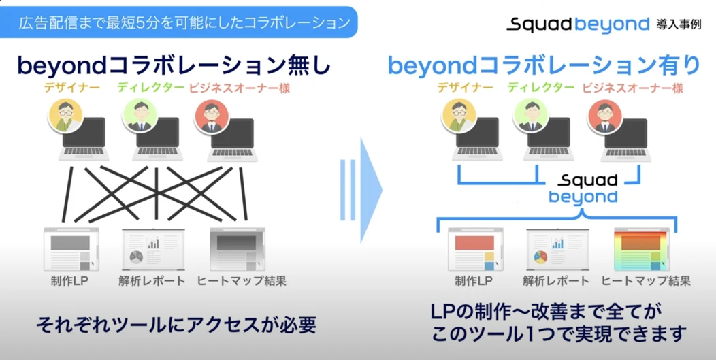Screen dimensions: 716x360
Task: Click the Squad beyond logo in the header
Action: click(578, 24)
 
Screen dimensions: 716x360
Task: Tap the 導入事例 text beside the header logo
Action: click(679, 24)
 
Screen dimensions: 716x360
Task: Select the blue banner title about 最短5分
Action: click(184, 22)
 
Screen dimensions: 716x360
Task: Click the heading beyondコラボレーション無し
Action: click(174, 66)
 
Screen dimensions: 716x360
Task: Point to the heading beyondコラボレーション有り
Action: click(544, 66)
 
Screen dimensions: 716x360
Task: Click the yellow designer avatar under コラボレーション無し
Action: click(65, 116)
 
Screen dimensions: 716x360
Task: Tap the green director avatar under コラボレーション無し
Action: click(140, 116)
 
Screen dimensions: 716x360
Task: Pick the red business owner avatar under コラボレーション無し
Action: click(212, 116)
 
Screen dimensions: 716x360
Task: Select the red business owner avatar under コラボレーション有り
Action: click(605, 116)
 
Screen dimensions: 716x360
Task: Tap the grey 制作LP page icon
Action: click(71, 250)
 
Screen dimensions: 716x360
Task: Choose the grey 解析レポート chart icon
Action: click(152, 250)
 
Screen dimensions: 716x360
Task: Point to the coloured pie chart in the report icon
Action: click(540, 257)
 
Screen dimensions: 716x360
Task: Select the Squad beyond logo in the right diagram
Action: click(583, 189)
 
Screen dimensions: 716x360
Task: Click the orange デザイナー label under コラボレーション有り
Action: click(466, 87)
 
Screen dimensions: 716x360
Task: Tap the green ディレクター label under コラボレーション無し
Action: click(151, 87)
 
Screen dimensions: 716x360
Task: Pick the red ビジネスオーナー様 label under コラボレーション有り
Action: click(633, 88)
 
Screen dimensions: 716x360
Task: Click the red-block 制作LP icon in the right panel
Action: click(476, 250)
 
